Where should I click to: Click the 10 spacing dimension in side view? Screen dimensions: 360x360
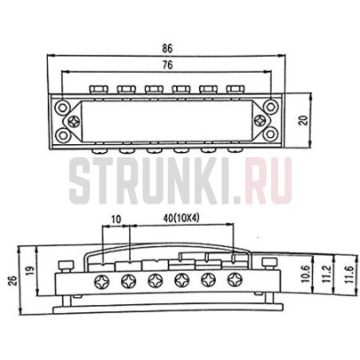(115, 219)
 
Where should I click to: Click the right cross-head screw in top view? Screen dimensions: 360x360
(260, 120)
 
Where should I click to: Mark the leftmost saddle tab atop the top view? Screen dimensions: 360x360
(100, 89)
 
